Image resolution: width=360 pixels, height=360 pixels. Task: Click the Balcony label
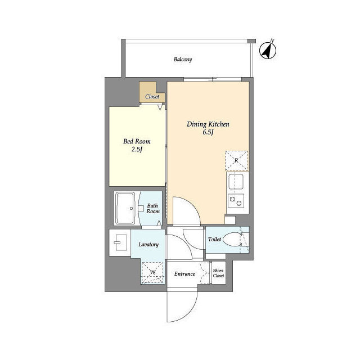coord(183,60)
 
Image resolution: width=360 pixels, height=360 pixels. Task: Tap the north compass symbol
coord(268,50)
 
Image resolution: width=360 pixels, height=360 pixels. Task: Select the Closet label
coord(152,97)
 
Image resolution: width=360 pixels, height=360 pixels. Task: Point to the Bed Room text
coord(137,141)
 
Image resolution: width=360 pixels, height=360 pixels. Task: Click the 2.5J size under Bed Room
coord(137,150)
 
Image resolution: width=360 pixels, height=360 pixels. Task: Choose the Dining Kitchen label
coord(208,124)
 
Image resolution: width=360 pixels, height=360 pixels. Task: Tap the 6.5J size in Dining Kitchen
coord(208,133)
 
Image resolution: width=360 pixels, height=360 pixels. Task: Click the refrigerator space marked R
coord(236,161)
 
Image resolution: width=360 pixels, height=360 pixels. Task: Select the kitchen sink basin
coord(236,182)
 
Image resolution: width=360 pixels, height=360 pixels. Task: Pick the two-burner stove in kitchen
coord(236,201)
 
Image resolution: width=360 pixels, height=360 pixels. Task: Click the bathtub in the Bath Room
coord(125,209)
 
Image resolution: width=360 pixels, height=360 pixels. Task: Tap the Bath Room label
coord(153,209)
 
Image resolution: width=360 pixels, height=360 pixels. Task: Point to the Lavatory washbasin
coord(120,242)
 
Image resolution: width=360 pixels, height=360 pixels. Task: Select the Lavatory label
coord(148,245)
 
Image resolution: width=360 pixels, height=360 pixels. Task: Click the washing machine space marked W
coord(152,272)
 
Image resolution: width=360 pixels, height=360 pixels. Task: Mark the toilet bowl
coord(232,240)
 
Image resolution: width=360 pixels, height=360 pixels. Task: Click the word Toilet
coord(214,240)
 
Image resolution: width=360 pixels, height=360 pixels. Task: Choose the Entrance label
coord(184,274)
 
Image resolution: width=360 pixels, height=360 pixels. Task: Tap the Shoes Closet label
coord(218,273)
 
